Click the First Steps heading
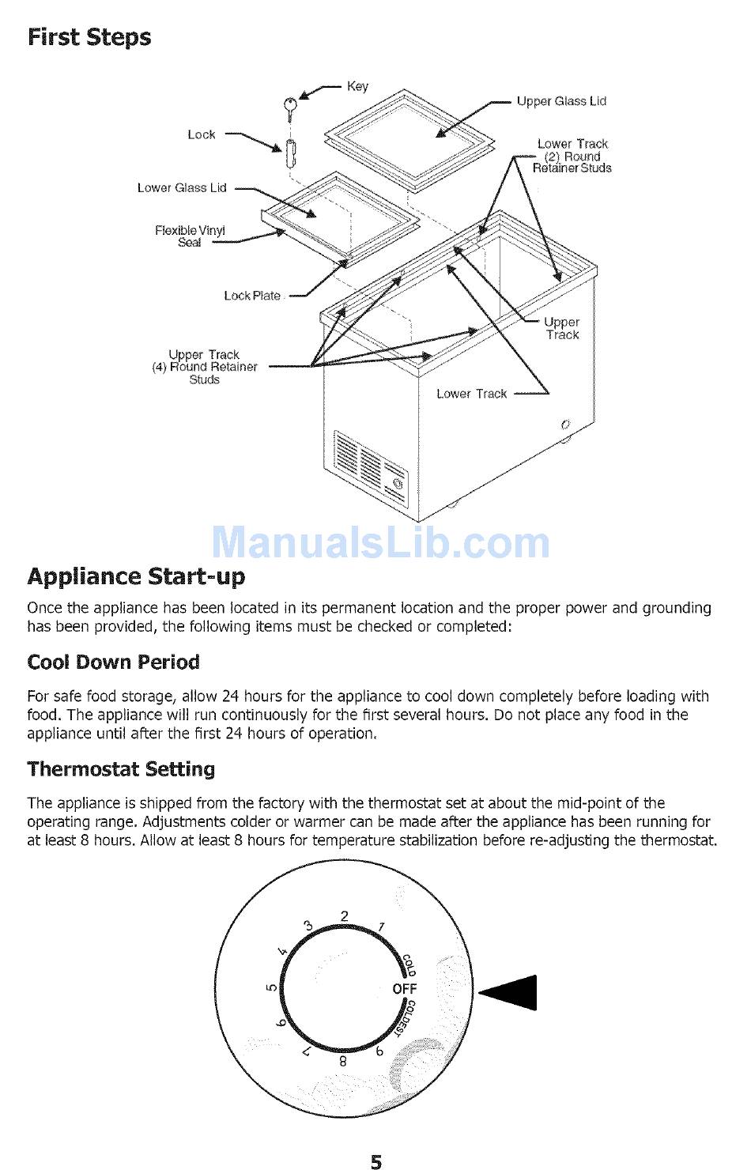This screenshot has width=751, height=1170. coord(89,37)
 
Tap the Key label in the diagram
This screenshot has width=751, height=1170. coord(357,86)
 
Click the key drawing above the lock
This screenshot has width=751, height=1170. coord(290,106)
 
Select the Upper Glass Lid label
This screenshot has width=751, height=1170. coord(561,101)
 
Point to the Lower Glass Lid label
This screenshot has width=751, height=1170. coord(182,188)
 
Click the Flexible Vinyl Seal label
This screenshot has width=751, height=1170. coord(190,236)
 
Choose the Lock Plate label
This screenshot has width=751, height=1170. coord(252,296)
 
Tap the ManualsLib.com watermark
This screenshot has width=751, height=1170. coord(381,542)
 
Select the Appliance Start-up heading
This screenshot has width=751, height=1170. coord(136,576)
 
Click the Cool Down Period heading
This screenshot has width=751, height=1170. coord(113,662)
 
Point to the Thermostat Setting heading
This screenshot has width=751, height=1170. coord(121,768)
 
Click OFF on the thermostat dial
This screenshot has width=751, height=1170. coord(404,989)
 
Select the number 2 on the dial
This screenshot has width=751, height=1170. coord(345,916)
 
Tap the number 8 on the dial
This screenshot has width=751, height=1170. coord(343,1062)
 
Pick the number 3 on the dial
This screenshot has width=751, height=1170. coord(308,926)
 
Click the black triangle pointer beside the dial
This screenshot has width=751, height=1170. coord(512,993)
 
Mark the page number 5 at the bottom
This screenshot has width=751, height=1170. coord(376,1161)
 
